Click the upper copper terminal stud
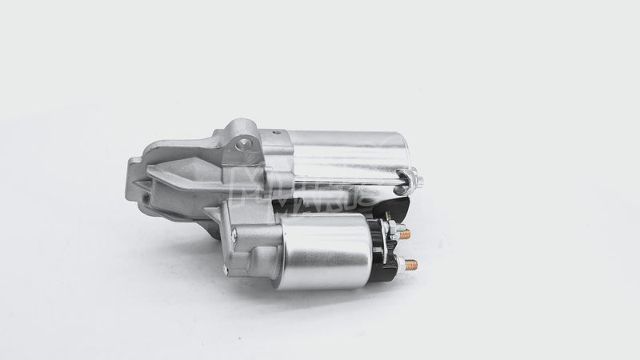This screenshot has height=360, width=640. coord(406,234)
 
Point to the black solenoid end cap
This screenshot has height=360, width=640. coord(386,252)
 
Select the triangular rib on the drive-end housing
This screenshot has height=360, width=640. coord(172,172)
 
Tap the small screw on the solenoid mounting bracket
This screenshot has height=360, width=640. coord(234,234)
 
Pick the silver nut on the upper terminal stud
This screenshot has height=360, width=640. coord(394,232)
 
